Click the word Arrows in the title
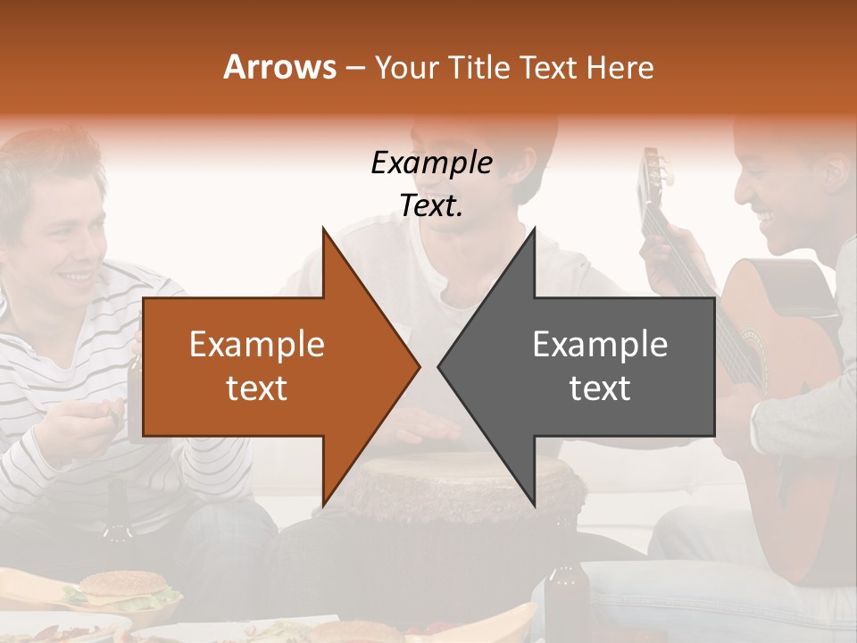pos(280,67)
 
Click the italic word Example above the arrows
pos(431,163)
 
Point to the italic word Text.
pos(431,205)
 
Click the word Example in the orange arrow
pos(257,345)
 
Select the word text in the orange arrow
pos(257,388)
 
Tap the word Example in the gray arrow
pos(600,345)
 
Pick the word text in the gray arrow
pos(600,388)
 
